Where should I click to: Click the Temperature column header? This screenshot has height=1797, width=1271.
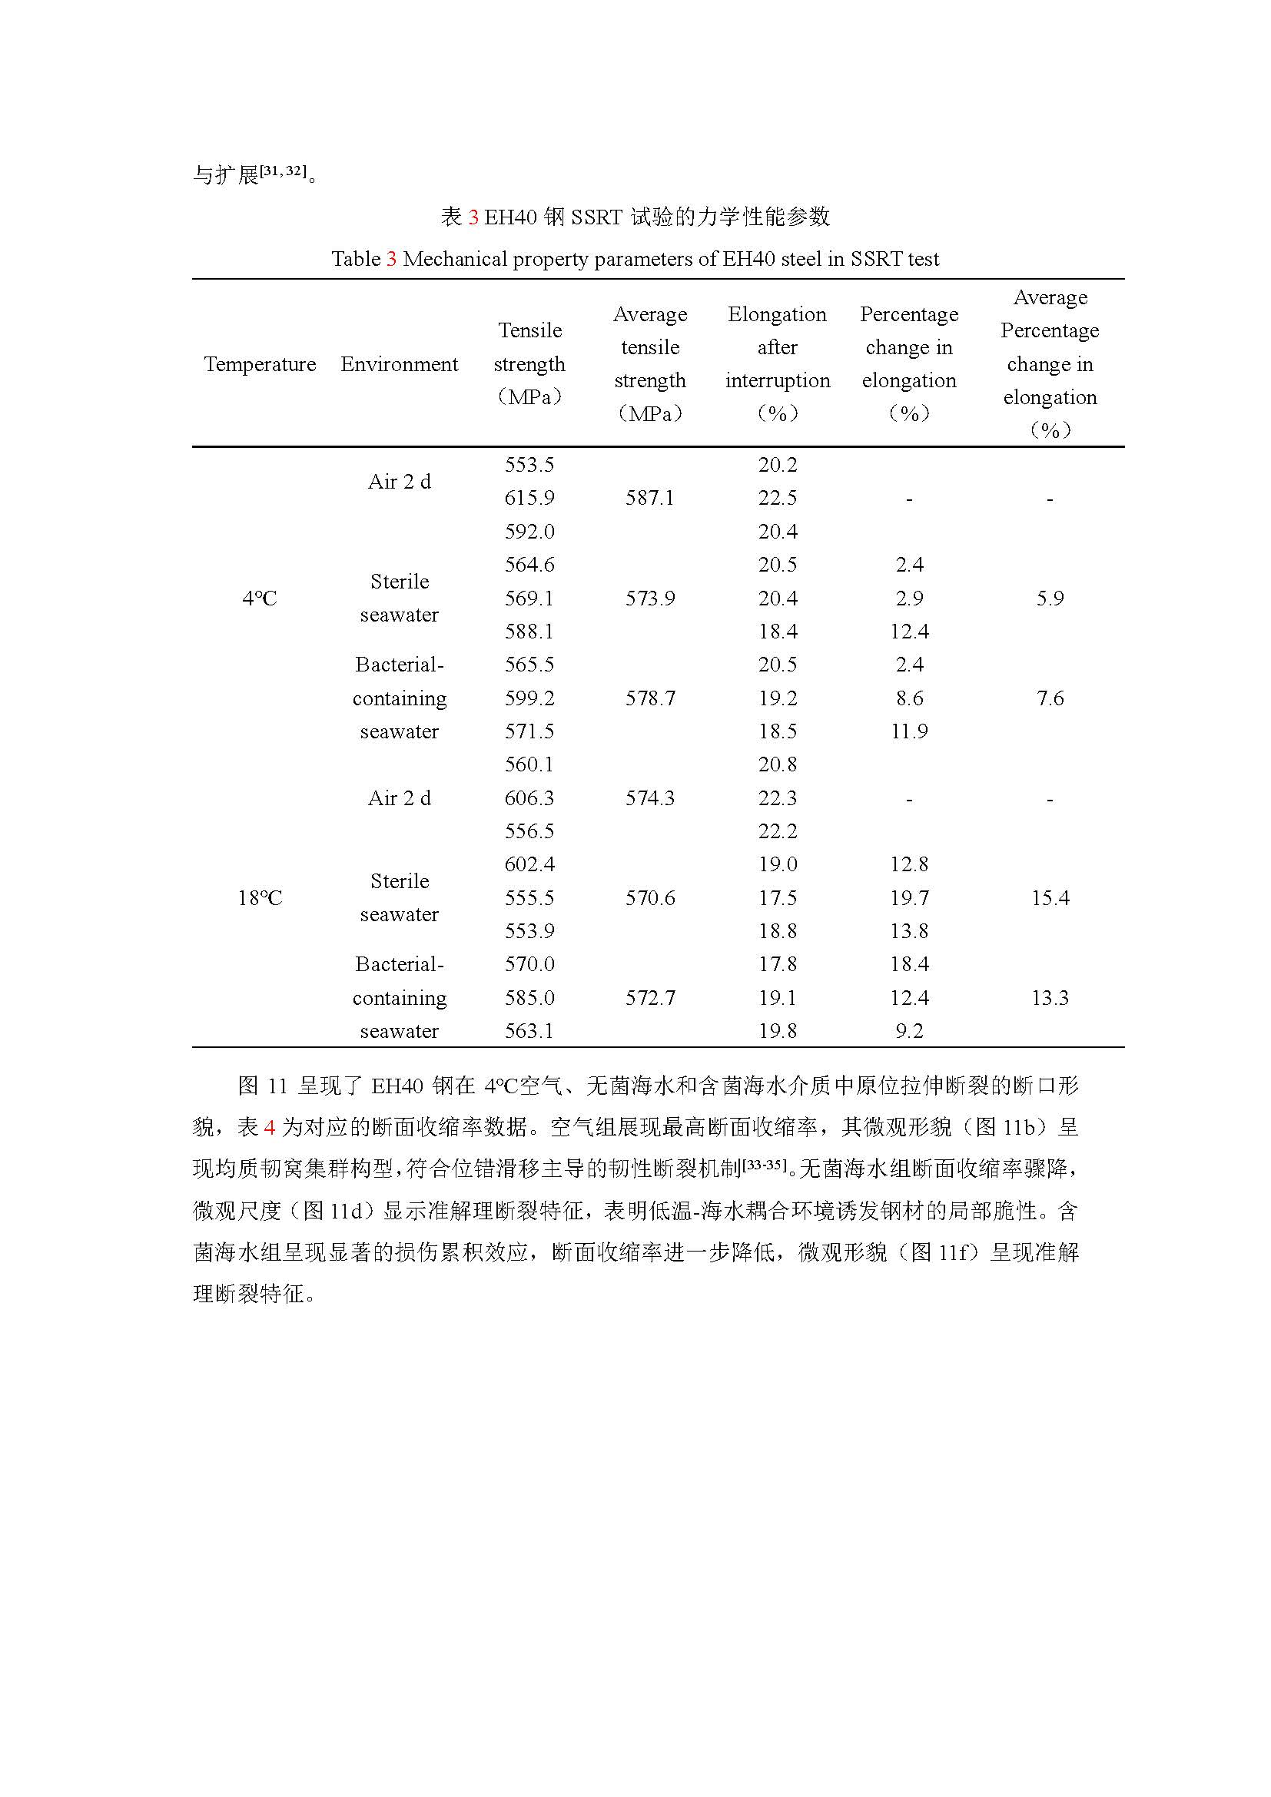pyautogui.click(x=260, y=364)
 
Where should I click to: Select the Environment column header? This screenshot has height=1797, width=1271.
pyautogui.click(x=399, y=364)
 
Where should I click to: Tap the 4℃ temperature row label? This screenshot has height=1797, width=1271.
pyautogui.click(x=259, y=598)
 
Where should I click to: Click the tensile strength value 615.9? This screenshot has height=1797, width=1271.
pyautogui.click(x=529, y=499)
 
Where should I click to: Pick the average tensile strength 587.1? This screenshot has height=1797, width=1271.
pyautogui.click(x=649, y=499)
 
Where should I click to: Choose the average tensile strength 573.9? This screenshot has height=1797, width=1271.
pyautogui.click(x=649, y=598)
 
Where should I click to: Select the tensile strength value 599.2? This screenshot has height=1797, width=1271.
pyautogui.click(x=529, y=698)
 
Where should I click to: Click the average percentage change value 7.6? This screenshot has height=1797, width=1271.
pyautogui.click(x=1050, y=698)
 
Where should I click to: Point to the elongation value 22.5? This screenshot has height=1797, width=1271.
pyautogui.click(x=777, y=499)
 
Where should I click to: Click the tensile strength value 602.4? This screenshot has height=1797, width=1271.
pyautogui.click(x=529, y=865)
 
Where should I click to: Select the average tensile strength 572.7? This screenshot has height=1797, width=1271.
pyautogui.click(x=649, y=998)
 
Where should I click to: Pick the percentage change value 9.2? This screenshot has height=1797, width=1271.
pyautogui.click(x=908, y=1032)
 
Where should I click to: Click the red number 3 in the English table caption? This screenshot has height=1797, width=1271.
pyautogui.click(x=391, y=259)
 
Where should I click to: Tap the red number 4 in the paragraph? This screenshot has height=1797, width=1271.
pyautogui.click(x=269, y=1128)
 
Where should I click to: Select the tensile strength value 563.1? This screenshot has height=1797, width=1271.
pyautogui.click(x=529, y=1032)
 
